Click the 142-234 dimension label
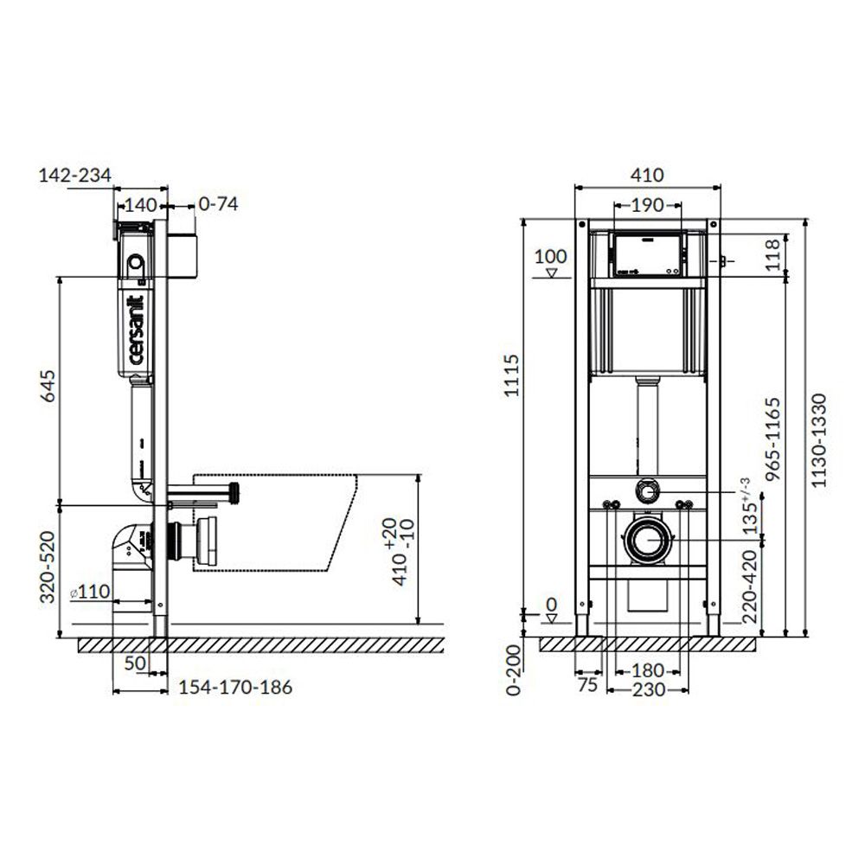click(75, 176)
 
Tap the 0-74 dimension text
click(219, 204)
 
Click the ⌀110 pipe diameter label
click(91, 593)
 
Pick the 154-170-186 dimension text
click(235, 688)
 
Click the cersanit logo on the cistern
click(136, 330)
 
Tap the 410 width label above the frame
click(647, 175)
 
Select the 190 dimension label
click(647, 205)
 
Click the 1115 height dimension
click(511, 375)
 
